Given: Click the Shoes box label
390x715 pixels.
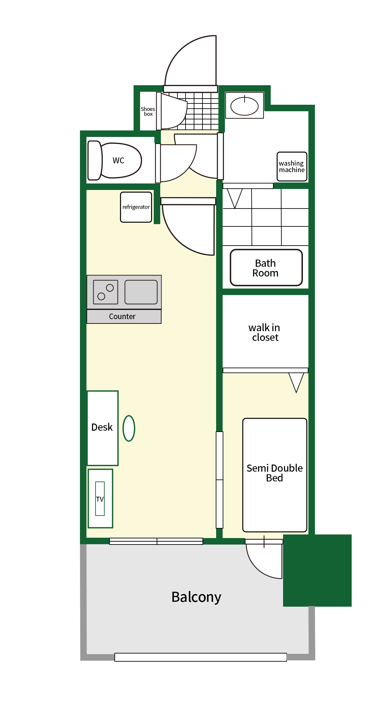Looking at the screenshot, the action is tap(148, 112).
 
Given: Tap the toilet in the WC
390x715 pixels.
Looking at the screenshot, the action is tap(115, 160).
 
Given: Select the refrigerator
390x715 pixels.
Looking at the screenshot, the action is tap(136, 207).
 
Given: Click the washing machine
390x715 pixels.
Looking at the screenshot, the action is tap(292, 167).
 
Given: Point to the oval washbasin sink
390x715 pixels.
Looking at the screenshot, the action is tap(244, 106).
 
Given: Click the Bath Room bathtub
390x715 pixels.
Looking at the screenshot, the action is tap(266, 268).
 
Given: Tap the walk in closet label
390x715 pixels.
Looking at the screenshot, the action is tap(265, 332).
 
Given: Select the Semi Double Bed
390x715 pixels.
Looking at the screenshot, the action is tap(275, 475).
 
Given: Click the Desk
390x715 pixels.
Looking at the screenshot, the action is tap(103, 428).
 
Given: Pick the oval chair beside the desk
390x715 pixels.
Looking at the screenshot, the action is tap(129, 428).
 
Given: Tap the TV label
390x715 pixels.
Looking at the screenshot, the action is tap(100, 499).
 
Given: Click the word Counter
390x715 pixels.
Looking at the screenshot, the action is tap(122, 317).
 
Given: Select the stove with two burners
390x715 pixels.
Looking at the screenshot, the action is tap(106, 292).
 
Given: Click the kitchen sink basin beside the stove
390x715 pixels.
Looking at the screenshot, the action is tap(141, 292).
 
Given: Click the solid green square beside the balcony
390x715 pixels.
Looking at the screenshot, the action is tap(317, 571).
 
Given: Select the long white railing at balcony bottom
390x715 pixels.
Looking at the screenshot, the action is tap(201, 657).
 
